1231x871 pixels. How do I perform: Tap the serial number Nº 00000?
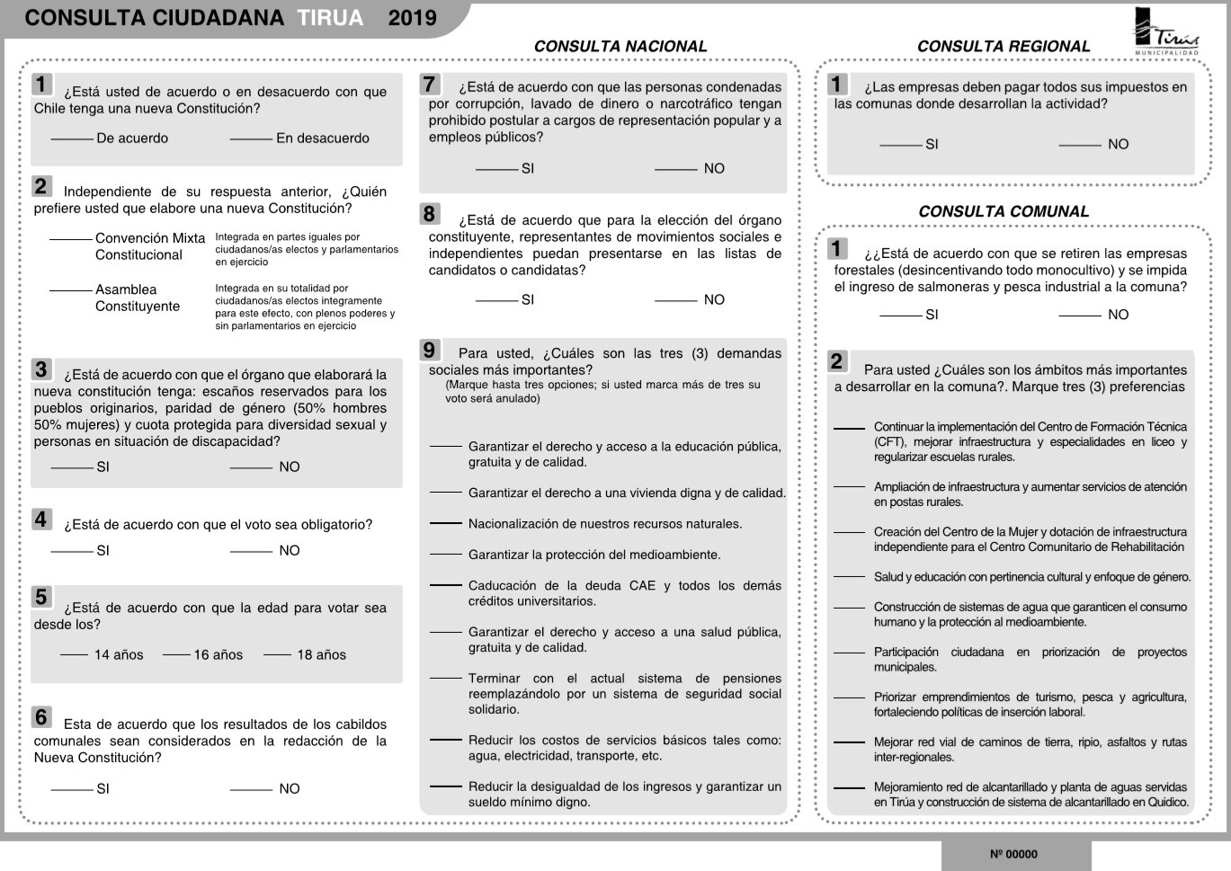click(1013, 855)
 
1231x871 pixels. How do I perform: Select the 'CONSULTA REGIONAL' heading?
click(1003, 47)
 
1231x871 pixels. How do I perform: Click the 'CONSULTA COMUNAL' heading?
click(1003, 212)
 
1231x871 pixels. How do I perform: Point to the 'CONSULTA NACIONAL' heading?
click(620, 47)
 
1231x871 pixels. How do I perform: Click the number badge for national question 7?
click(429, 84)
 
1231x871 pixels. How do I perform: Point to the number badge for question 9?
click(429, 351)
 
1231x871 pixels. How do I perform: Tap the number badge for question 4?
click(41, 520)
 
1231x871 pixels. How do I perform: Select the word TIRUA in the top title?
click(330, 18)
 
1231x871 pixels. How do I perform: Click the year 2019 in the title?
click(412, 18)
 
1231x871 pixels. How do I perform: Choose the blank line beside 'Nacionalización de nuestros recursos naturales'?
click(446, 523)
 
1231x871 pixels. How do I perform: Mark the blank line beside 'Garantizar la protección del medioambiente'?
click(446, 554)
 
